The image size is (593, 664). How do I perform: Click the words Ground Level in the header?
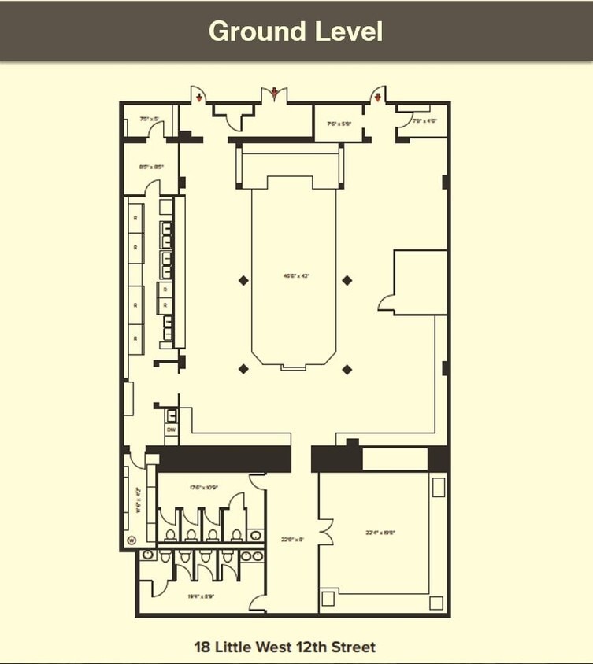295,31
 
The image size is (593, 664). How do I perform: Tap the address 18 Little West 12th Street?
285,647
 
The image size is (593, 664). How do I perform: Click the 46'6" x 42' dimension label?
296,276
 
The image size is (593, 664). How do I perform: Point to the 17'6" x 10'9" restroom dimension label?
203,488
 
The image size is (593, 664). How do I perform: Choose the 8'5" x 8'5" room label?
150,167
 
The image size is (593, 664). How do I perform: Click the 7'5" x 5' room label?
149,120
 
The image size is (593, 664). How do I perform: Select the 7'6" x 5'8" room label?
339,124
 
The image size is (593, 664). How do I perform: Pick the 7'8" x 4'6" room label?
424,120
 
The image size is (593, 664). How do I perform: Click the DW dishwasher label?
170,430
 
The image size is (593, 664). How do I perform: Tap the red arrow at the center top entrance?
274,94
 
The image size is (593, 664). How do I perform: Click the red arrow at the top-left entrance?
200,98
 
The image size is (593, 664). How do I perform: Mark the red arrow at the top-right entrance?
378,98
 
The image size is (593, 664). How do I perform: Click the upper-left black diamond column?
243,280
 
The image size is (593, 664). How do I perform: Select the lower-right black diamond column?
347,369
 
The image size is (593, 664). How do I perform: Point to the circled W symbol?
132,540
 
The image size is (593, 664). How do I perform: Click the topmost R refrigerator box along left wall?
136,216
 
